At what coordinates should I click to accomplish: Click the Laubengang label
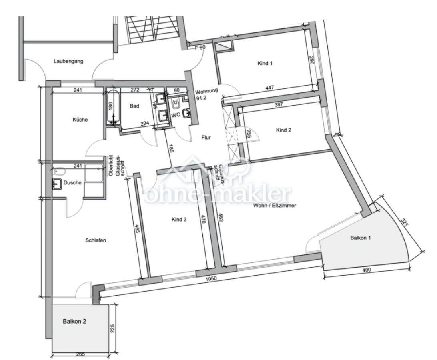[x=66, y=61]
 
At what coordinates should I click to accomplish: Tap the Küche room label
[x=80, y=120]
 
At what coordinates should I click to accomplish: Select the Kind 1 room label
[x=265, y=63]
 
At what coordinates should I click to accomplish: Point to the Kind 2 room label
[x=283, y=130]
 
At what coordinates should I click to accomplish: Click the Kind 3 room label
[x=179, y=219]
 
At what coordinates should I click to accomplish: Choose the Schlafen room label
[x=95, y=240]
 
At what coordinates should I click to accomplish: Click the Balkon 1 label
[x=361, y=238]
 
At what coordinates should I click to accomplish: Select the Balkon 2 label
[x=74, y=321]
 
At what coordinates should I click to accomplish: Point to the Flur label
[x=206, y=137]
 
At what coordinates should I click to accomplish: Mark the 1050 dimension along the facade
[x=211, y=278]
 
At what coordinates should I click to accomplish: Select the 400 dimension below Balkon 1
[x=366, y=270]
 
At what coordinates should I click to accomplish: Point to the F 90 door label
[x=200, y=48]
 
